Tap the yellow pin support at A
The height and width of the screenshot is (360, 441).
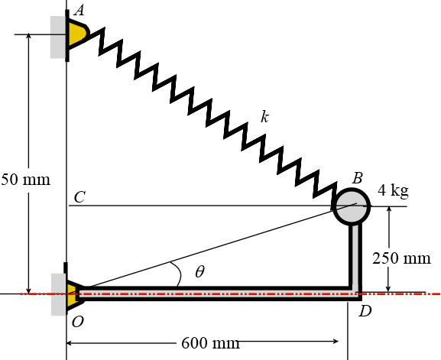(76, 34)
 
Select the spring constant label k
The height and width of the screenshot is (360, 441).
(264, 117)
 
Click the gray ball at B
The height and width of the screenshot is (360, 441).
(352, 205)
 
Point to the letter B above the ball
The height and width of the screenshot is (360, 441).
(357, 177)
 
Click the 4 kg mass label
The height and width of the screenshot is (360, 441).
(394, 191)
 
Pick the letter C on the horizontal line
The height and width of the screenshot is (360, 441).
(79, 197)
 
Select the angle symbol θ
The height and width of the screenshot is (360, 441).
(199, 271)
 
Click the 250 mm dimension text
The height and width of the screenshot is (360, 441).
(401, 258)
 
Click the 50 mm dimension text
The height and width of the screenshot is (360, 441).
(25, 180)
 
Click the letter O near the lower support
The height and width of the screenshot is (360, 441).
(77, 321)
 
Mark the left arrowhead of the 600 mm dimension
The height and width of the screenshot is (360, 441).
(71, 342)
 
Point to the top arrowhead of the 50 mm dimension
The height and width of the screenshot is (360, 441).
(28, 38)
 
